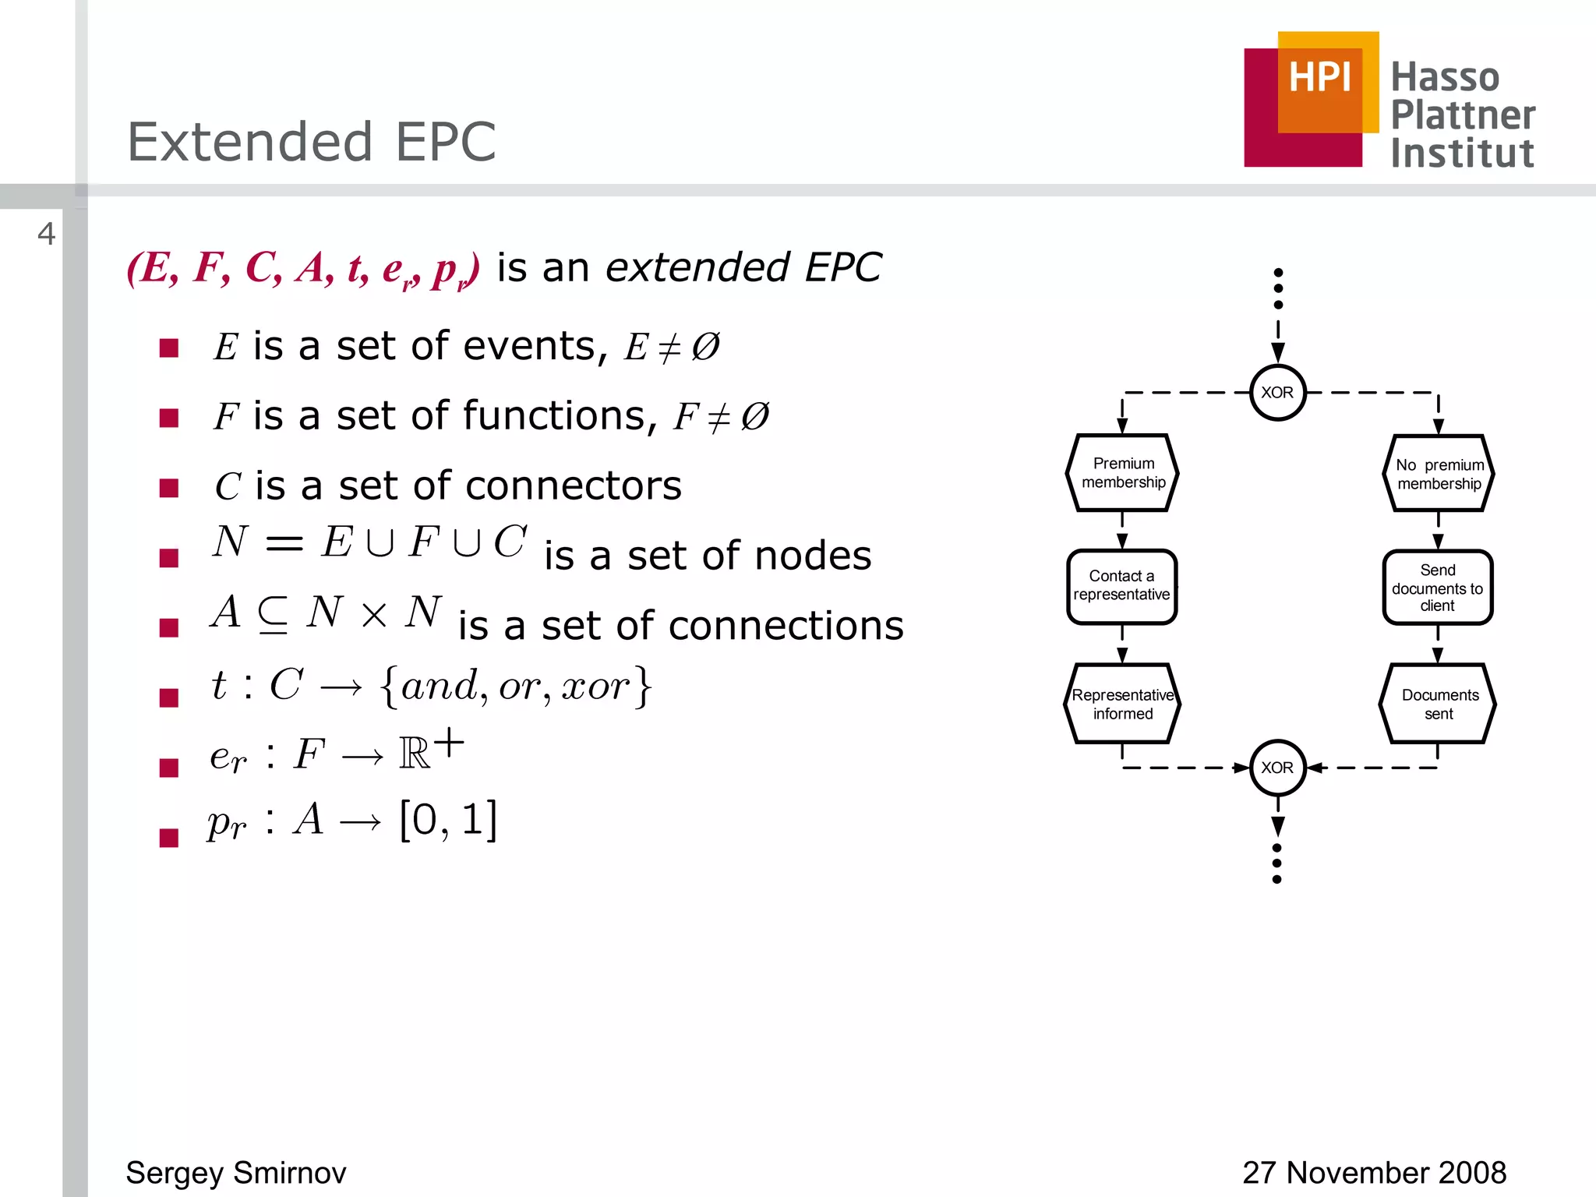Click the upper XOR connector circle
(x=1277, y=393)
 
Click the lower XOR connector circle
(x=1277, y=768)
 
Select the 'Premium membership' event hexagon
(x=1122, y=473)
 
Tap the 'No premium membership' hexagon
(x=1439, y=474)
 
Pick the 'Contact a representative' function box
(x=1122, y=586)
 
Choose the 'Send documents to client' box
(x=1438, y=588)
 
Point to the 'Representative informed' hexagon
(x=1122, y=704)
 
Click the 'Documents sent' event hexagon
(x=1439, y=704)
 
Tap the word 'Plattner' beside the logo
(x=1463, y=115)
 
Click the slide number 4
(x=47, y=234)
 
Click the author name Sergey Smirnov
(x=236, y=1172)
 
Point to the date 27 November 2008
(x=1374, y=1172)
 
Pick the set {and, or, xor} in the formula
(x=515, y=686)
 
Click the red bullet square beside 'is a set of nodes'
(x=169, y=558)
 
